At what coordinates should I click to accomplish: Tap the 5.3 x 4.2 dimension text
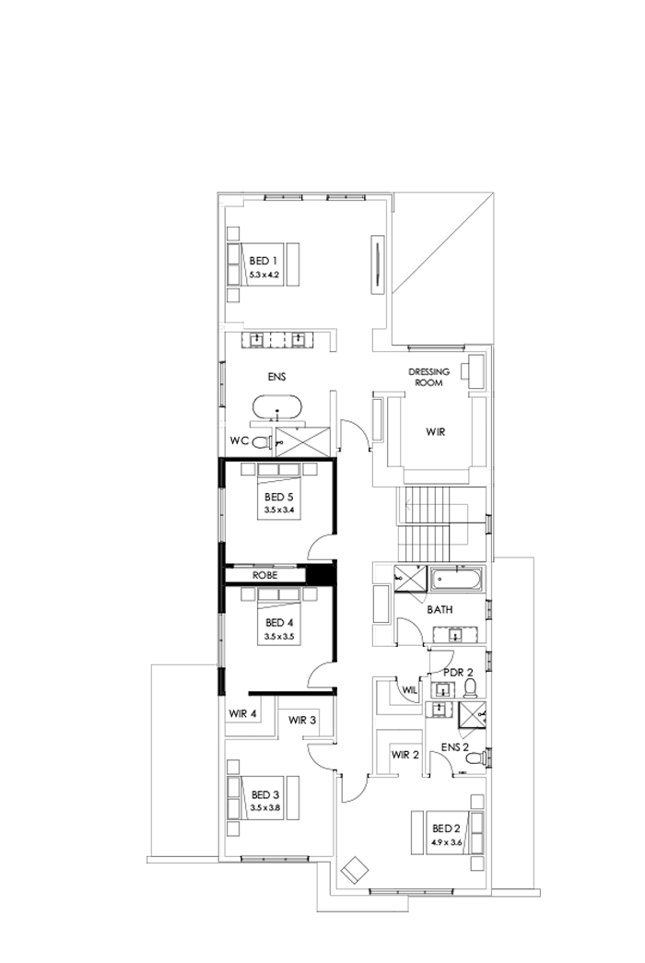click(264, 275)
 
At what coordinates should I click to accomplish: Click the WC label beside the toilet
click(239, 441)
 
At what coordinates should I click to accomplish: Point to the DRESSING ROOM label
click(428, 377)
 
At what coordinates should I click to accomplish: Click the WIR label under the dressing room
click(435, 430)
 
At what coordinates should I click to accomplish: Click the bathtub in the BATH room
click(456, 581)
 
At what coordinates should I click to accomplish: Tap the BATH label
click(439, 610)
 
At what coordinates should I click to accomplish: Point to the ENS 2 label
click(454, 746)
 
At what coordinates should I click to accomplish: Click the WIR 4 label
click(243, 713)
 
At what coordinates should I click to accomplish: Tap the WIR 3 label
click(302, 720)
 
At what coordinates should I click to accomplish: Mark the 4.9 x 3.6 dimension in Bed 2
click(445, 841)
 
